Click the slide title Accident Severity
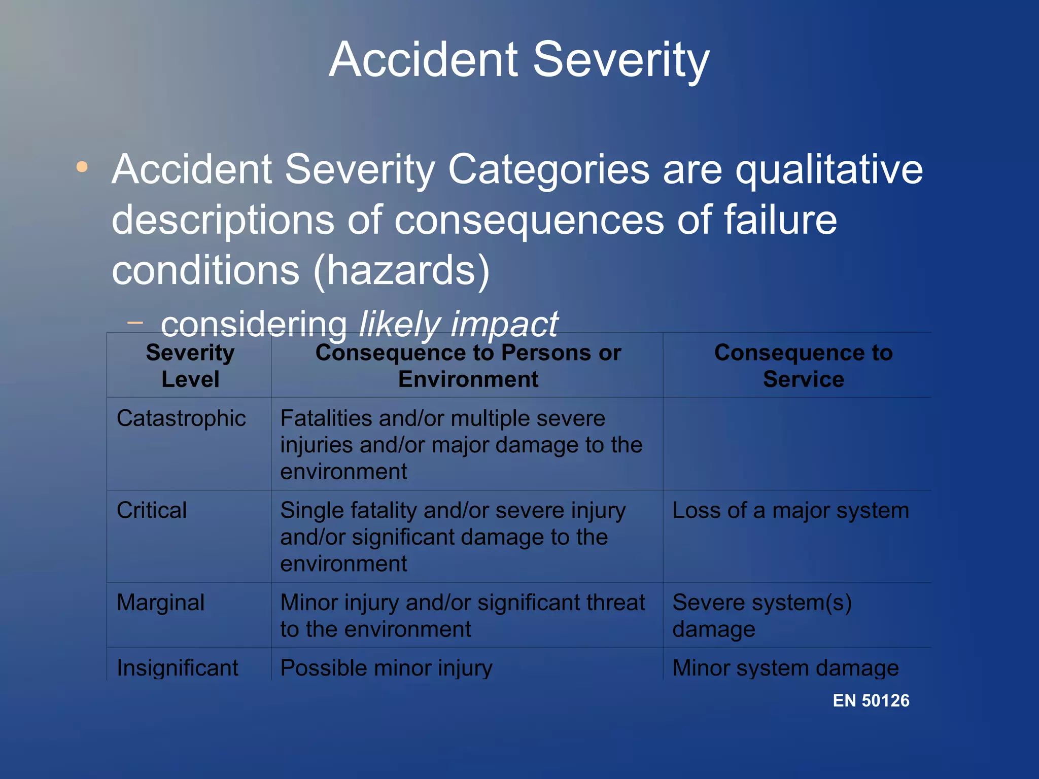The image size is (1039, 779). pos(519,60)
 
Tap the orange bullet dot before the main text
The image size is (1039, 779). pos(82,167)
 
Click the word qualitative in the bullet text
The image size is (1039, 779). pos(829,170)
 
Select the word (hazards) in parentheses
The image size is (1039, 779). pos(402,270)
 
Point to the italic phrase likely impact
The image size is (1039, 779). pos(458,324)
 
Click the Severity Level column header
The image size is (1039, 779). pos(190,366)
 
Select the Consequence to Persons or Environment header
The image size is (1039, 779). pos(468,366)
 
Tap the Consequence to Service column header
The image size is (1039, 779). pos(803,366)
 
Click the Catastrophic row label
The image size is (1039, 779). pos(181,419)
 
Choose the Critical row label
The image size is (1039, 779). pos(152,511)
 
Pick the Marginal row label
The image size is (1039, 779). pos(160,603)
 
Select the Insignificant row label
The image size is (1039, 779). pos(178,668)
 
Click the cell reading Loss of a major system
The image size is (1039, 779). pos(790,511)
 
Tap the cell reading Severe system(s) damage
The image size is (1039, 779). pos(761,616)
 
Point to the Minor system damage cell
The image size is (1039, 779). pos(785,668)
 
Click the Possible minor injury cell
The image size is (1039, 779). pos(386,668)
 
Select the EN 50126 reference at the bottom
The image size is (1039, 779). pos(871,700)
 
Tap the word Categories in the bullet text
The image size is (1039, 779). pos(548,170)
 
